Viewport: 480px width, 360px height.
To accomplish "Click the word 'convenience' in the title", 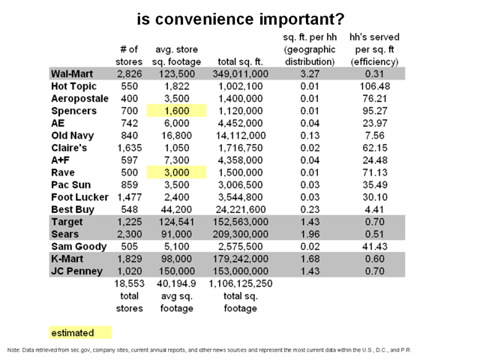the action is tap(205, 19).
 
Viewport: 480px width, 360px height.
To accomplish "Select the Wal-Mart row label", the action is tap(72, 73).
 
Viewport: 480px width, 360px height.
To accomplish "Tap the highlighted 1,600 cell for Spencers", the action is tap(177, 110).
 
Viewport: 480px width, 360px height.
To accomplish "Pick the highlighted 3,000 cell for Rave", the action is tap(177, 172).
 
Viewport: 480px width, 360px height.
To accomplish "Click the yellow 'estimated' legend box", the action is tap(80, 333).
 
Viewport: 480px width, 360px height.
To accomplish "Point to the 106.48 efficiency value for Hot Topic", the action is tap(375, 86).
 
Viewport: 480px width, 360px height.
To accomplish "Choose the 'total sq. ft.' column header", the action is tap(240, 61).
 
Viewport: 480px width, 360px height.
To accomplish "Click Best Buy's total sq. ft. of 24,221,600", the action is tap(240, 209).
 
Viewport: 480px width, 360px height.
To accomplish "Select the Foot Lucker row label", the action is tap(79, 197).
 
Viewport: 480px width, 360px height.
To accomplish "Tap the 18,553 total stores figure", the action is tap(129, 283).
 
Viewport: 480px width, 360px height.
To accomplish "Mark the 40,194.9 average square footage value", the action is tap(176, 283).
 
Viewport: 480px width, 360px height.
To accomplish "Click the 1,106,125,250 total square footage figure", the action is tap(240, 283).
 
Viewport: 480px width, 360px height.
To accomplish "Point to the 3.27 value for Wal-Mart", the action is tap(310, 73).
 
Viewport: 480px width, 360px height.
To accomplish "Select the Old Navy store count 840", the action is tap(129, 135).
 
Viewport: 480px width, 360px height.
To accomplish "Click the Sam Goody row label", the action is tap(79, 247).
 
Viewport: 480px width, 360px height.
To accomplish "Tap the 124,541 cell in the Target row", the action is tap(177, 222).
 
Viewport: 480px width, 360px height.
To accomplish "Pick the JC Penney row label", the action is tap(76, 271).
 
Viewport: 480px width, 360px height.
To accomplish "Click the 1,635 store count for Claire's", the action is tap(129, 148).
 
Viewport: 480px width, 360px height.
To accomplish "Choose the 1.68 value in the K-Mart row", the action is tap(310, 259).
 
